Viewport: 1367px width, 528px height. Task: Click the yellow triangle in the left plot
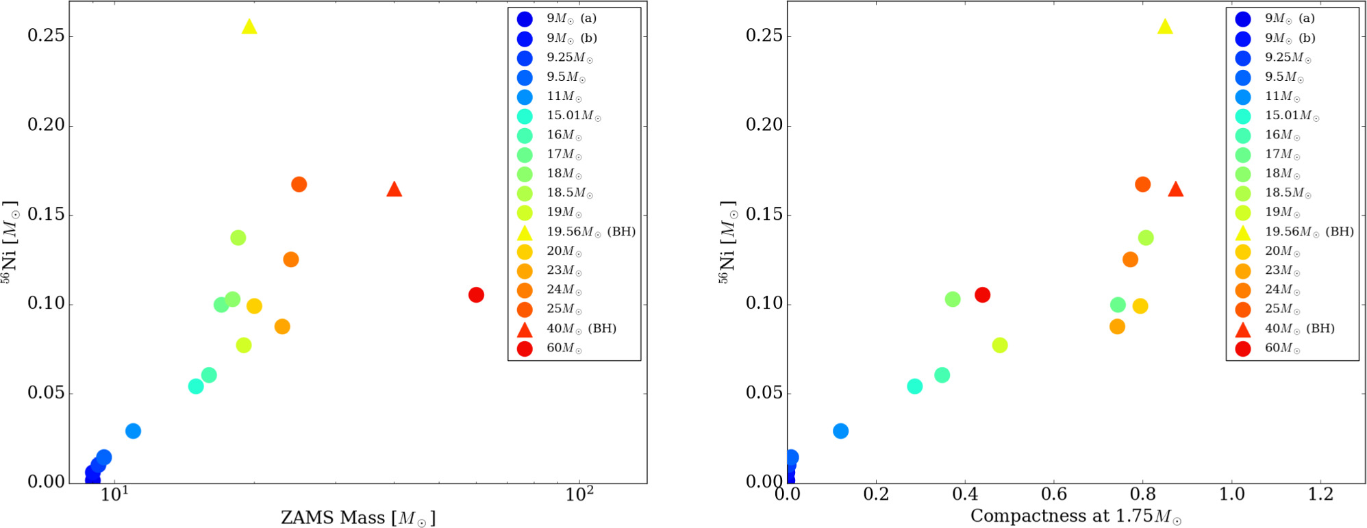(x=249, y=27)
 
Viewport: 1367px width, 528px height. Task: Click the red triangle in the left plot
(x=394, y=190)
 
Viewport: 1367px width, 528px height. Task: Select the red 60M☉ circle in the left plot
(x=476, y=294)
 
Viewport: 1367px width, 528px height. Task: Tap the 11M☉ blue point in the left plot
(x=133, y=431)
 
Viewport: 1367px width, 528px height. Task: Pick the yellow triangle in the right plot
(x=1165, y=27)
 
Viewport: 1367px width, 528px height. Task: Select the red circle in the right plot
(x=982, y=294)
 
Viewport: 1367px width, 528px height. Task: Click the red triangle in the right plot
(x=1175, y=190)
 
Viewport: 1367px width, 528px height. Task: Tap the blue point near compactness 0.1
(x=840, y=431)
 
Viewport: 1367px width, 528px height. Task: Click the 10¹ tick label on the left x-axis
(x=114, y=494)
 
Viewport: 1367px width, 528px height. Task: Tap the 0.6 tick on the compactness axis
(x=1053, y=494)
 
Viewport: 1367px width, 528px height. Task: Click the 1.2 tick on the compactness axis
(x=1320, y=494)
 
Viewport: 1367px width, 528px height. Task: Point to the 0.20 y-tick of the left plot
(x=46, y=125)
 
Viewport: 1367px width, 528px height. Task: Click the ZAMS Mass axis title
(x=358, y=518)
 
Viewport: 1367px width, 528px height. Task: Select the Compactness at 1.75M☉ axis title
(x=1075, y=516)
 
